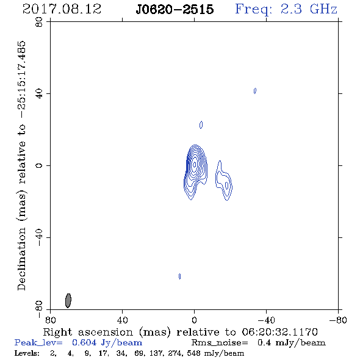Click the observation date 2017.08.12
(x=62, y=9)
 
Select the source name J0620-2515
(x=175, y=9)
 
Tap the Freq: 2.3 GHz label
(x=286, y=9)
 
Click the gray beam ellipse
(x=68, y=301)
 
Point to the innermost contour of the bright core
(x=195, y=164)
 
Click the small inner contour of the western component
(x=226, y=185)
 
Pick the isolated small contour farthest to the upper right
(x=255, y=91)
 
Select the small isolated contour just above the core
(x=201, y=125)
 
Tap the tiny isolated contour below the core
(x=179, y=276)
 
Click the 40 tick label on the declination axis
(x=39, y=94)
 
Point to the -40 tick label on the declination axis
(x=39, y=237)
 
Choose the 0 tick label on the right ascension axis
(x=194, y=320)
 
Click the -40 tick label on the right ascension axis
(x=266, y=320)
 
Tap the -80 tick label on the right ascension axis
(x=338, y=320)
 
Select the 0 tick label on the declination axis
(x=39, y=165)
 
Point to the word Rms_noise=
(x=220, y=343)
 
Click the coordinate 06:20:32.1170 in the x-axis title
(x=279, y=332)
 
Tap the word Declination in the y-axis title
(x=21, y=259)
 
